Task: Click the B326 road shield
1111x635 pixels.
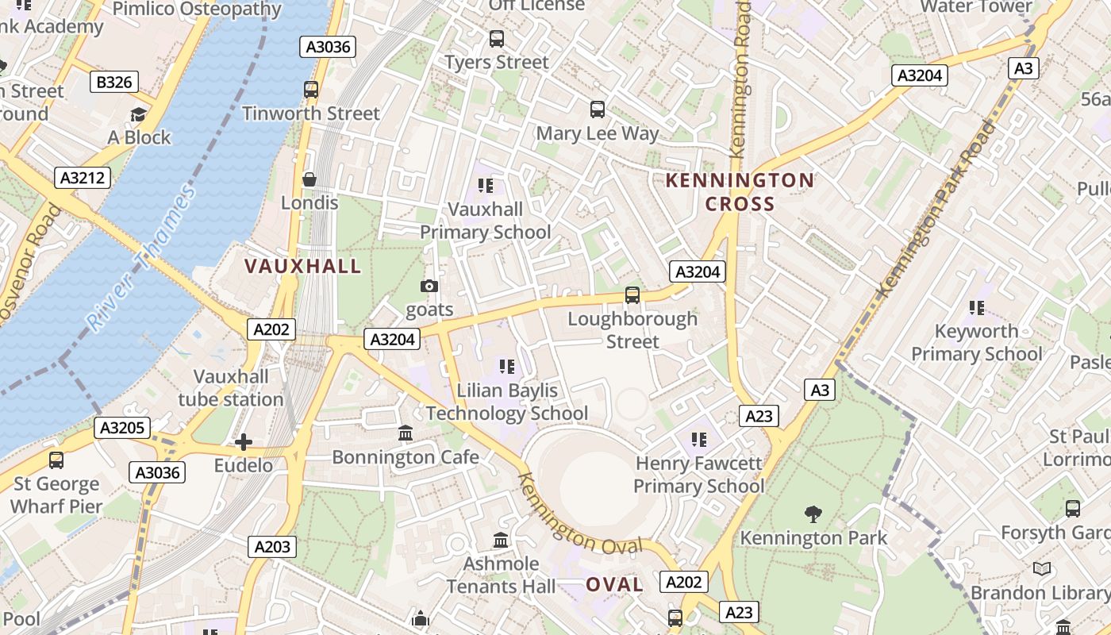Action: pyautogui.click(x=115, y=82)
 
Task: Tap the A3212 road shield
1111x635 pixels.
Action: pyautogui.click(x=83, y=177)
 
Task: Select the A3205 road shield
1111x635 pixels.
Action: pyautogui.click(x=121, y=428)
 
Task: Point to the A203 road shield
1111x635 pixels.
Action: pyautogui.click(x=272, y=546)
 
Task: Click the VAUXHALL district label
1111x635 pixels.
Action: pyautogui.click(x=302, y=266)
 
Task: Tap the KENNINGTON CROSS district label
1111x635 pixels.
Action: pyautogui.click(x=740, y=192)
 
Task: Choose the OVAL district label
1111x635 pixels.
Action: pyautogui.click(x=614, y=585)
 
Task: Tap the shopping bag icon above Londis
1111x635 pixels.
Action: pyautogui.click(x=309, y=179)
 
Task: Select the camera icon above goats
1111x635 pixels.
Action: pyautogui.click(x=429, y=286)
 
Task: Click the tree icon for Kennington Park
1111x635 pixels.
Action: pyautogui.click(x=813, y=514)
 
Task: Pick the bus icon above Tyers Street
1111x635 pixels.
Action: pyautogui.click(x=497, y=38)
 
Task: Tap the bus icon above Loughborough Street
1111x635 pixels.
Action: pyautogui.click(x=632, y=295)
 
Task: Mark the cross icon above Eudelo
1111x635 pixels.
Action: pyautogui.click(x=244, y=441)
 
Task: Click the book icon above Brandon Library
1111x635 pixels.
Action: pyautogui.click(x=1042, y=568)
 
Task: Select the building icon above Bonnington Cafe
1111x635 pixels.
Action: pyautogui.click(x=406, y=433)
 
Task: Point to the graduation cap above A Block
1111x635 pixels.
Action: pyautogui.click(x=139, y=114)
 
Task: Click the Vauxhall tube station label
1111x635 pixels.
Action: pyautogui.click(x=231, y=387)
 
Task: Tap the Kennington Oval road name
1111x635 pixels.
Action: pyautogui.click(x=579, y=517)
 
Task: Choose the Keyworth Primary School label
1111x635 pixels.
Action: pyautogui.click(x=976, y=342)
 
